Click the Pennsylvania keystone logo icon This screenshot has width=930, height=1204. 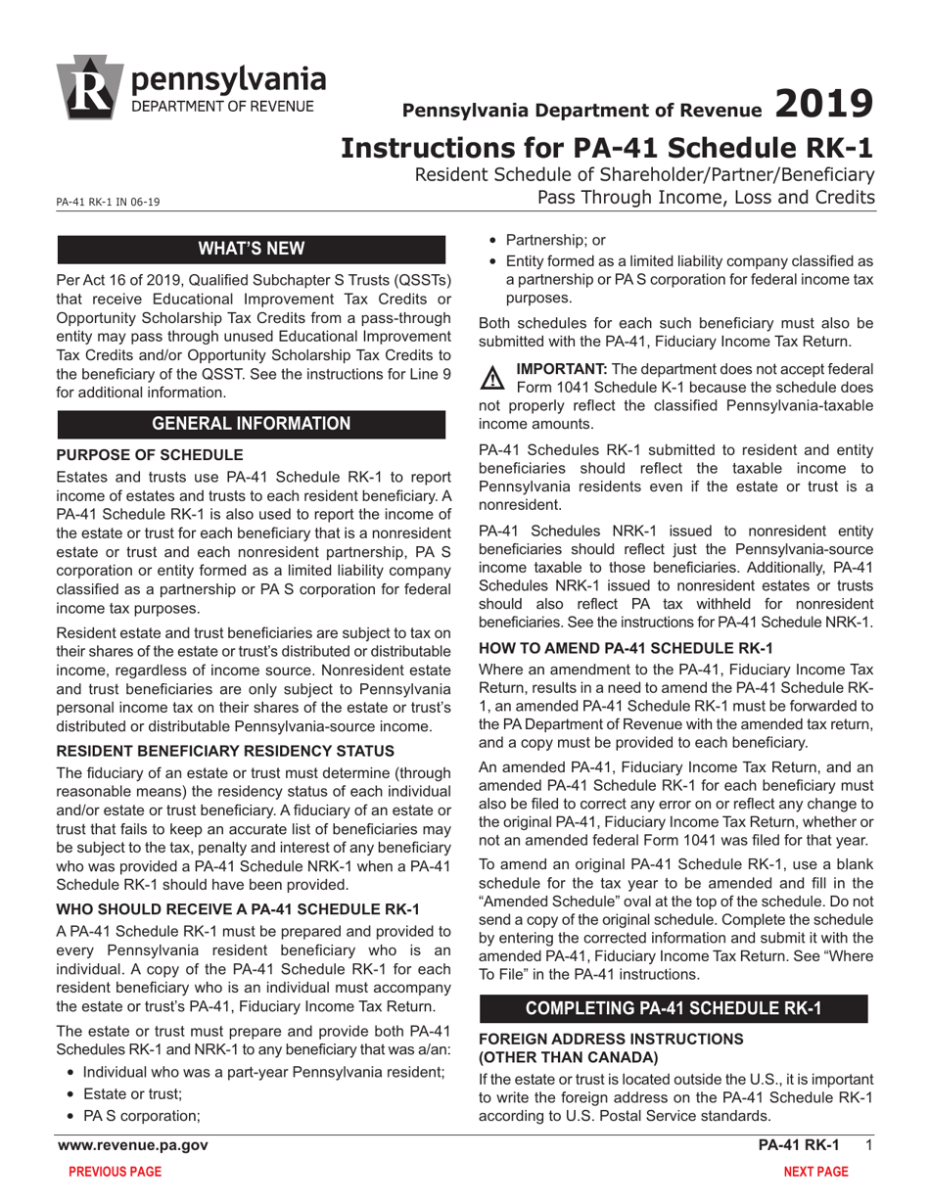[90, 88]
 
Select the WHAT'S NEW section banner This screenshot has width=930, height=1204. [252, 249]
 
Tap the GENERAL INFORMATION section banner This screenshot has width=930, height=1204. [252, 424]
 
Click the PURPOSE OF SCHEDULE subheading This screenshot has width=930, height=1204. [149, 455]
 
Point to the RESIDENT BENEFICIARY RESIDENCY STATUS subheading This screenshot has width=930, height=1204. [226, 751]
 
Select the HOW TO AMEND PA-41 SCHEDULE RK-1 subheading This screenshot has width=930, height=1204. [627, 648]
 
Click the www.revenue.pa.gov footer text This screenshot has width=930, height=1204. [132, 1145]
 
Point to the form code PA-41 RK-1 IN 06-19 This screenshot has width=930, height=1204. [108, 203]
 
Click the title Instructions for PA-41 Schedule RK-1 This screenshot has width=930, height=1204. [606, 149]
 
